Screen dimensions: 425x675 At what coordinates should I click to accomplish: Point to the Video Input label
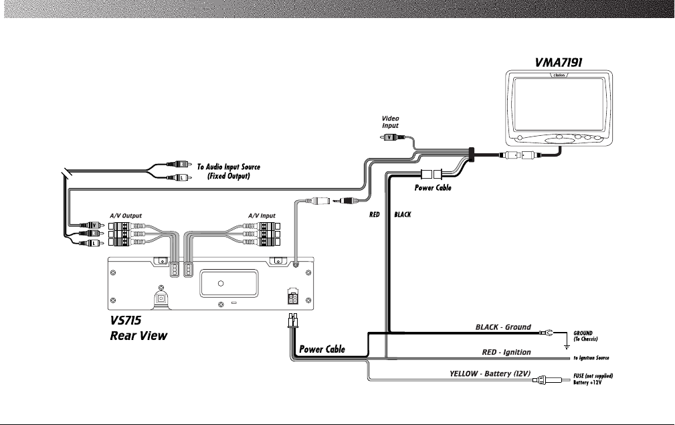click(x=390, y=122)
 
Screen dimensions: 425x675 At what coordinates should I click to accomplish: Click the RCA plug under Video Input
click(x=391, y=137)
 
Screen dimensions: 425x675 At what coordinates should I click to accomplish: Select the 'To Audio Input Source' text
click(x=228, y=166)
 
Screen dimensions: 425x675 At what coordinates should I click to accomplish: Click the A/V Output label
click(x=126, y=216)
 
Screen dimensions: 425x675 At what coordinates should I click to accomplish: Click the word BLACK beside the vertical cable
click(x=402, y=216)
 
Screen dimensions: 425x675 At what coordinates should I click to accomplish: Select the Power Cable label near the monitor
click(x=433, y=188)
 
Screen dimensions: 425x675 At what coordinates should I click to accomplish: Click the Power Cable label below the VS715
click(x=322, y=349)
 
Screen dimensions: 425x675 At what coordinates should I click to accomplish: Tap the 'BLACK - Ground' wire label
click(x=502, y=327)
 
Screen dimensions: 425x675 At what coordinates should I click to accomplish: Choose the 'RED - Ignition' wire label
click(x=506, y=352)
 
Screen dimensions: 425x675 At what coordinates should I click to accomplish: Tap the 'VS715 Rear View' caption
click(x=138, y=327)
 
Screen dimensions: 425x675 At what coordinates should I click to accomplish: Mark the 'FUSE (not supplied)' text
click(x=593, y=375)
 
